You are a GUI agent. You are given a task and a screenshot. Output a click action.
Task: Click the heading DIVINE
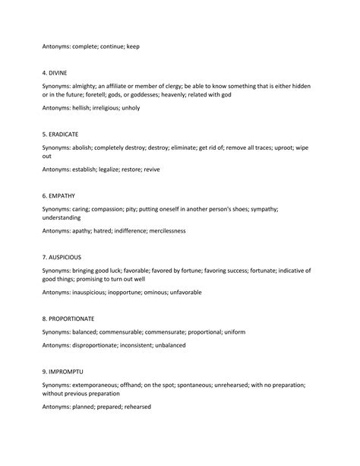(x=58, y=74)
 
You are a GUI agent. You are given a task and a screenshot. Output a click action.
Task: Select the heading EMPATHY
(x=60, y=195)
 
